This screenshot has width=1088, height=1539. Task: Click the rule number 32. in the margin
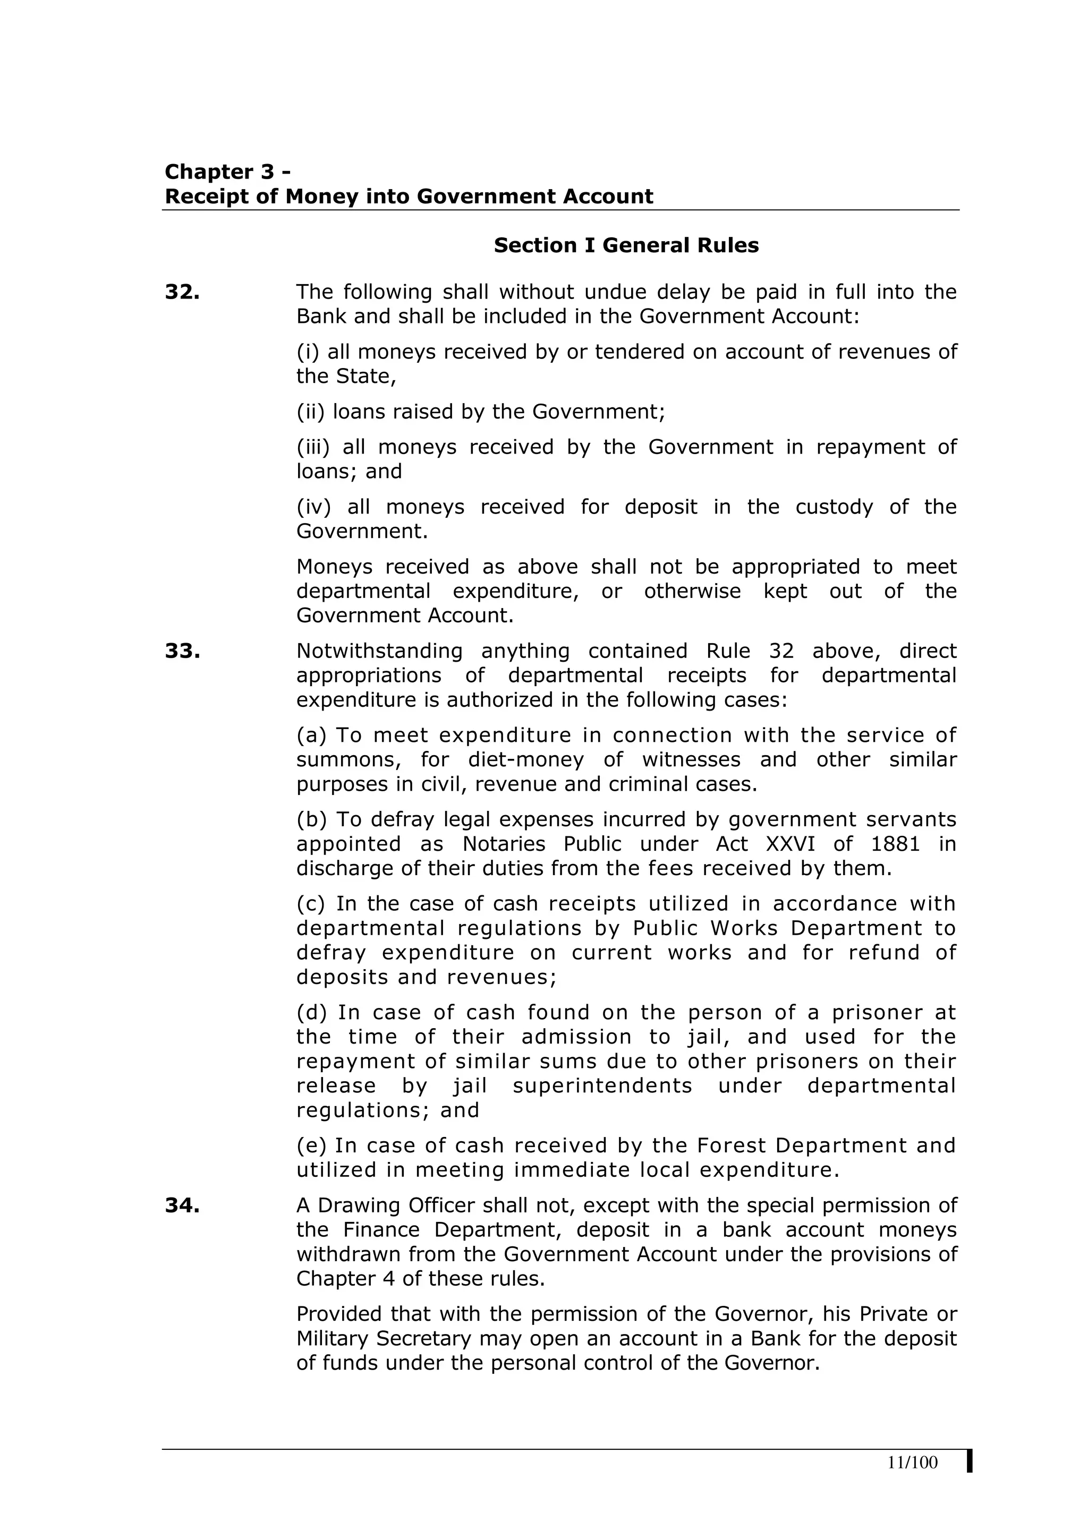coord(182,292)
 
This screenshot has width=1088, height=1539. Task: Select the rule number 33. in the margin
coord(182,651)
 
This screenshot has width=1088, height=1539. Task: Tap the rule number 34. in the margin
coord(182,1205)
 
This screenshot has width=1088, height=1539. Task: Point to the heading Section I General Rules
coord(626,245)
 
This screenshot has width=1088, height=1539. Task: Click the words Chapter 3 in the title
coord(220,172)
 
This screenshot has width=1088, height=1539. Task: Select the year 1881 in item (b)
coord(896,844)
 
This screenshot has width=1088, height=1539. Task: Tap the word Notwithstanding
coord(379,651)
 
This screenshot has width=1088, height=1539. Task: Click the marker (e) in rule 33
coord(311,1145)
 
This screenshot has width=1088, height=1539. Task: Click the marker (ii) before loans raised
coord(310,412)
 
